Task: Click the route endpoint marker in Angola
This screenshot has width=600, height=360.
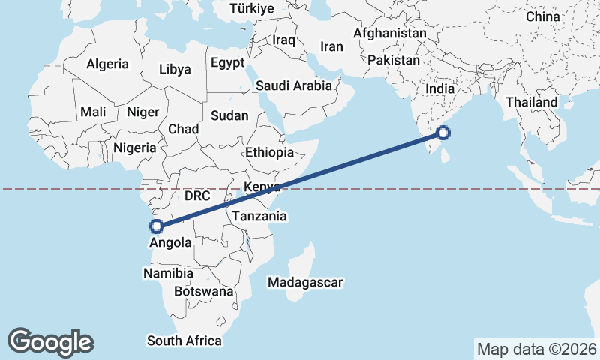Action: [x=157, y=226]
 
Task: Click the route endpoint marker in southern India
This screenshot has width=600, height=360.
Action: [x=443, y=133]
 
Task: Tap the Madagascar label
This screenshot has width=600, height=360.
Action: [x=305, y=283]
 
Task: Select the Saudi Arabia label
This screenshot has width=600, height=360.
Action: [x=293, y=85]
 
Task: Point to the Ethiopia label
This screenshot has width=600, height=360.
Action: [x=269, y=152]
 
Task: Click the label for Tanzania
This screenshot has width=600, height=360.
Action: [x=259, y=216]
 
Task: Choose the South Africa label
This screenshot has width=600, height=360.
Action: [x=184, y=340]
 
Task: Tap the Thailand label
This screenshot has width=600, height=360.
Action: [x=531, y=102]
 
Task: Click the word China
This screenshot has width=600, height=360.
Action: [x=542, y=16]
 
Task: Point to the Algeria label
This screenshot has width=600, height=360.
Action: [x=107, y=64]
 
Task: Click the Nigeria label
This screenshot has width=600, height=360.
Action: [x=135, y=148]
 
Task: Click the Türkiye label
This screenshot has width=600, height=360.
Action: [x=252, y=9]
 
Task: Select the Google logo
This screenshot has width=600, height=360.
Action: [x=50, y=341]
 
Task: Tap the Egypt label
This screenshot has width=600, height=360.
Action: [x=227, y=63]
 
